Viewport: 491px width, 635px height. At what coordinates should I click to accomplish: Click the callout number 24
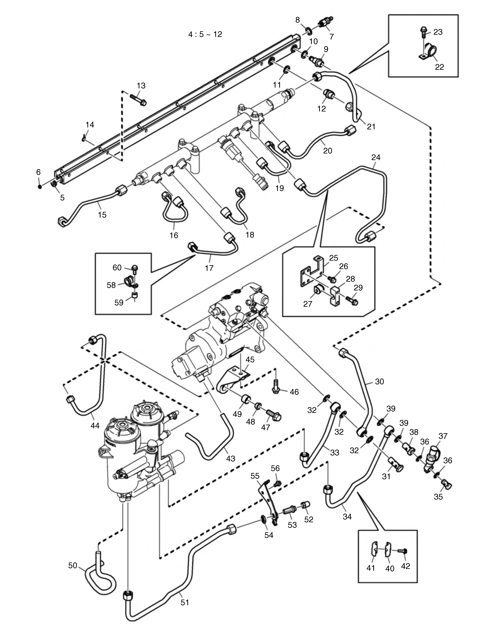pyautogui.click(x=376, y=157)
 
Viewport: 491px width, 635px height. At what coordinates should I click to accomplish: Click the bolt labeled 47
pyautogui.click(x=273, y=416)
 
